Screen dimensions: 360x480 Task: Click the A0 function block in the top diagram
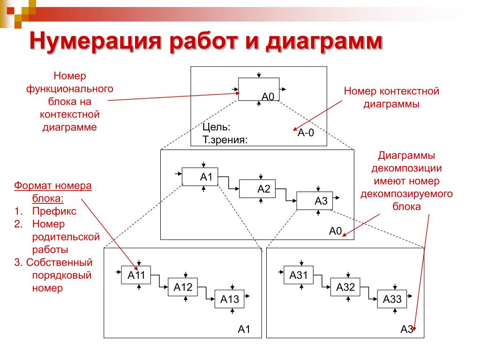click(259, 89)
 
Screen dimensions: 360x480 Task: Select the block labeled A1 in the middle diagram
click(200, 177)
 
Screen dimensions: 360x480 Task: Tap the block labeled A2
click(257, 188)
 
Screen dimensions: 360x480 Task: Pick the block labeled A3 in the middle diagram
click(315, 201)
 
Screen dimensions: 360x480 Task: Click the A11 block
click(136, 275)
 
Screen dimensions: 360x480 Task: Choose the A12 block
click(183, 287)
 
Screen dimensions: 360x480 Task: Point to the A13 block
click(230, 299)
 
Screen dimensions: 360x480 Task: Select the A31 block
click(299, 275)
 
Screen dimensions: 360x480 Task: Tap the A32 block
click(345, 287)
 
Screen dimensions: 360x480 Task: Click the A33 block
click(392, 299)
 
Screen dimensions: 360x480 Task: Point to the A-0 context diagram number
click(305, 133)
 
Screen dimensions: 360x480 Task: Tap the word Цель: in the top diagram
click(216, 127)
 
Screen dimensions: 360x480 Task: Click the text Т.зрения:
click(225, 139)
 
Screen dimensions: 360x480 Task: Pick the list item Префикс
click(54, 211)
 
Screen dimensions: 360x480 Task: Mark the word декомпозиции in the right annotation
click(407, 168)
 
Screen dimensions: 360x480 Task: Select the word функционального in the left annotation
click(70, 88)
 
